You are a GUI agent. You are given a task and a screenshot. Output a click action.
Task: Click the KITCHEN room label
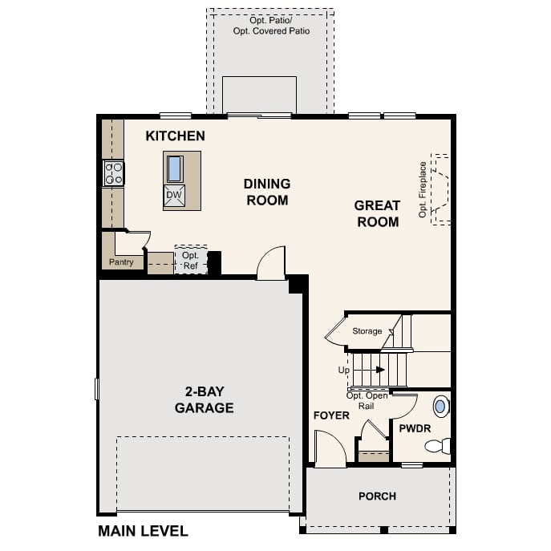tap(175, 136)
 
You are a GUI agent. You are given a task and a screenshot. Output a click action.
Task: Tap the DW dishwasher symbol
tap(174, 196)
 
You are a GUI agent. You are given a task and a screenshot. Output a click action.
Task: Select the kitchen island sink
tap(174, 168)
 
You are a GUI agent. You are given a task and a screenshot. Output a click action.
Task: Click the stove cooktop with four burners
tap(113, 173)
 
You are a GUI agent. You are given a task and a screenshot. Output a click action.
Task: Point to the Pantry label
tap(121, 262)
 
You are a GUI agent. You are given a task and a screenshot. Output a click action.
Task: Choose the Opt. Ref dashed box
tap(190, 260)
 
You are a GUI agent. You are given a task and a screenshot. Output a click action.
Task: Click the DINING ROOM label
tap(267, 192)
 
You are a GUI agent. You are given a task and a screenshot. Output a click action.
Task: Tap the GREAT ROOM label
tap(377, 213)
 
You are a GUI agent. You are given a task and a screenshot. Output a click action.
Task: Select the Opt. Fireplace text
tap(423, 190)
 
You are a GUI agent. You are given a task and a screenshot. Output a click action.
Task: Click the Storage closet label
tap(367, 331)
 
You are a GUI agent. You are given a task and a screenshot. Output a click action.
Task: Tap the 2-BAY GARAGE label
tap(205, 400)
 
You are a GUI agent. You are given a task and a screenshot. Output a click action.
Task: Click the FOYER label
tap(331, 415)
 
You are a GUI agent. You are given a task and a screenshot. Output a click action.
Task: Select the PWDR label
tap(415, 429)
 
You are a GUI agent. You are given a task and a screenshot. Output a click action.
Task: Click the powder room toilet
tap(439, 446)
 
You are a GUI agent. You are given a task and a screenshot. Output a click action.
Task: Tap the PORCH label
tap(377, 496)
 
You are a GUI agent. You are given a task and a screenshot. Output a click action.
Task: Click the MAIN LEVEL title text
tap(143, 531)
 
